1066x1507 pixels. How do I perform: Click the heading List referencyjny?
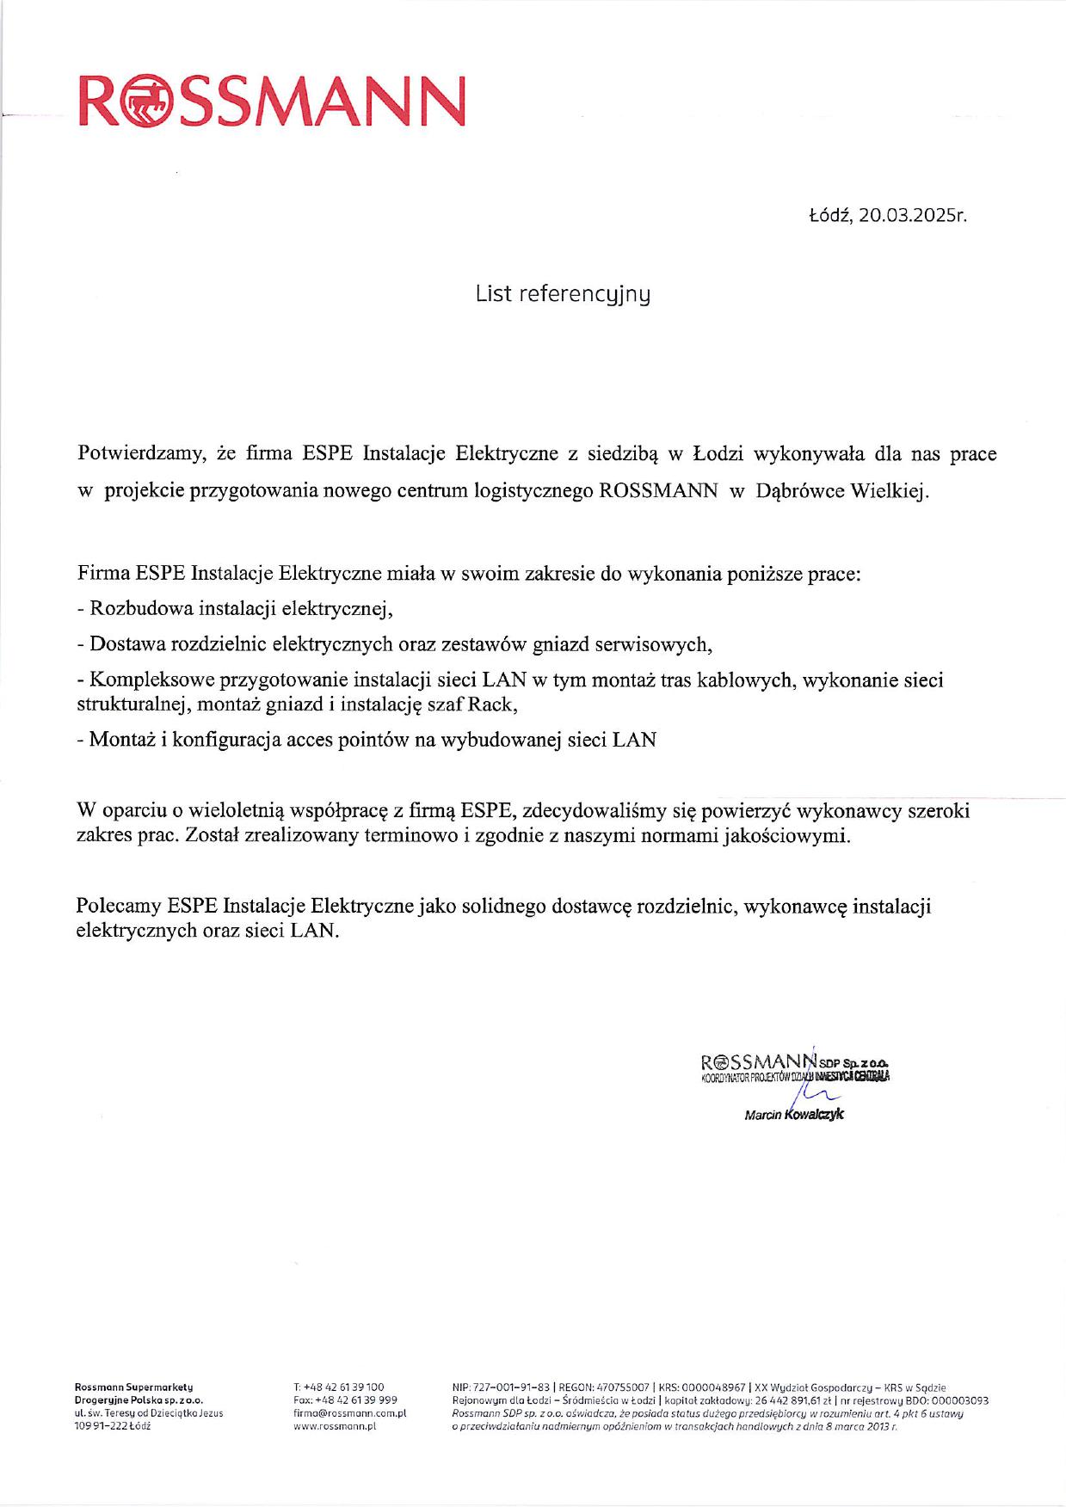tap(563, 294)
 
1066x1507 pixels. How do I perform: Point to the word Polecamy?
tap(118, 906)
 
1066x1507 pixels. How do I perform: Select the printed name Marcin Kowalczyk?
tap(794, 1115)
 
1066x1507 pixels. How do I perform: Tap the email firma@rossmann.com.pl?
tap(349, 1412)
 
